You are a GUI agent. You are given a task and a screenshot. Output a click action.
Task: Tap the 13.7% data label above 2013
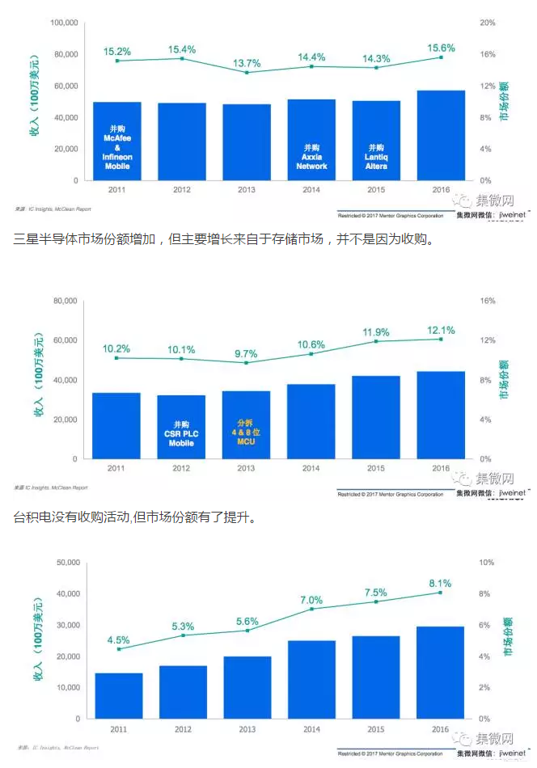tap(247, 62)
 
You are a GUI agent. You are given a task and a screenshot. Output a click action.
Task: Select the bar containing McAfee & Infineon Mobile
tap(117, 141)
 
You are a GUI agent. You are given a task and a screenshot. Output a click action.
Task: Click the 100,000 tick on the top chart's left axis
tap(64, 23)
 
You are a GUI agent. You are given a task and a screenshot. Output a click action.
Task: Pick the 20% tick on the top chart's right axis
tap(485, 23)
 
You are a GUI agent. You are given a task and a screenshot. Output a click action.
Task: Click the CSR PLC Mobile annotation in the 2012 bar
tap(181, 433)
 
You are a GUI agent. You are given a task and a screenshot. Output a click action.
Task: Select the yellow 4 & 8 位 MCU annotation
tap(246, 433)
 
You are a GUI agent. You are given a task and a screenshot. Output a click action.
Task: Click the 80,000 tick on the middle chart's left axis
tap(66, 301)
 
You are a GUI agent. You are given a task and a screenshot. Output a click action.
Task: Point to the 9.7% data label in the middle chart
tap(246, 353)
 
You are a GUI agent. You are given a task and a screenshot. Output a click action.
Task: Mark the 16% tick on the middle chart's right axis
tap(486, 301)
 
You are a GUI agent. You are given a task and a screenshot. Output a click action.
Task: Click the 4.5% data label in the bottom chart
tap(118, 639)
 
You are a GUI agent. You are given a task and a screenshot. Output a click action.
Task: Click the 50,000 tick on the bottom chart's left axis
tap(66, 562)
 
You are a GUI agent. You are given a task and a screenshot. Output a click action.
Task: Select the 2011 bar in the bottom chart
tap(118, 696)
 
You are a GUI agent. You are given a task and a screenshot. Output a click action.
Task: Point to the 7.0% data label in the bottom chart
tap(311, 600)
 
